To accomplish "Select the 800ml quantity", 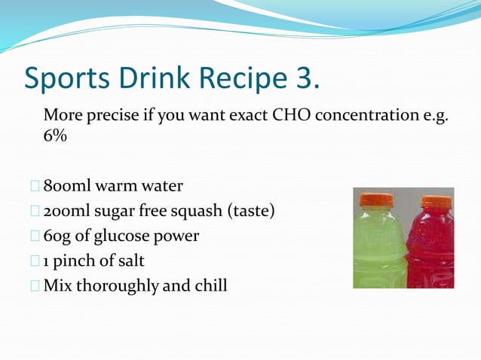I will [x=67, y=185].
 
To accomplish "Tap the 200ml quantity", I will [x=67, y=211].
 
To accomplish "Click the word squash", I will [x=195, y=211].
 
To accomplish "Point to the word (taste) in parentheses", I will [x=251, y=211].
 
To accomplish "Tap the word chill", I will [x=209, y=286].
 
